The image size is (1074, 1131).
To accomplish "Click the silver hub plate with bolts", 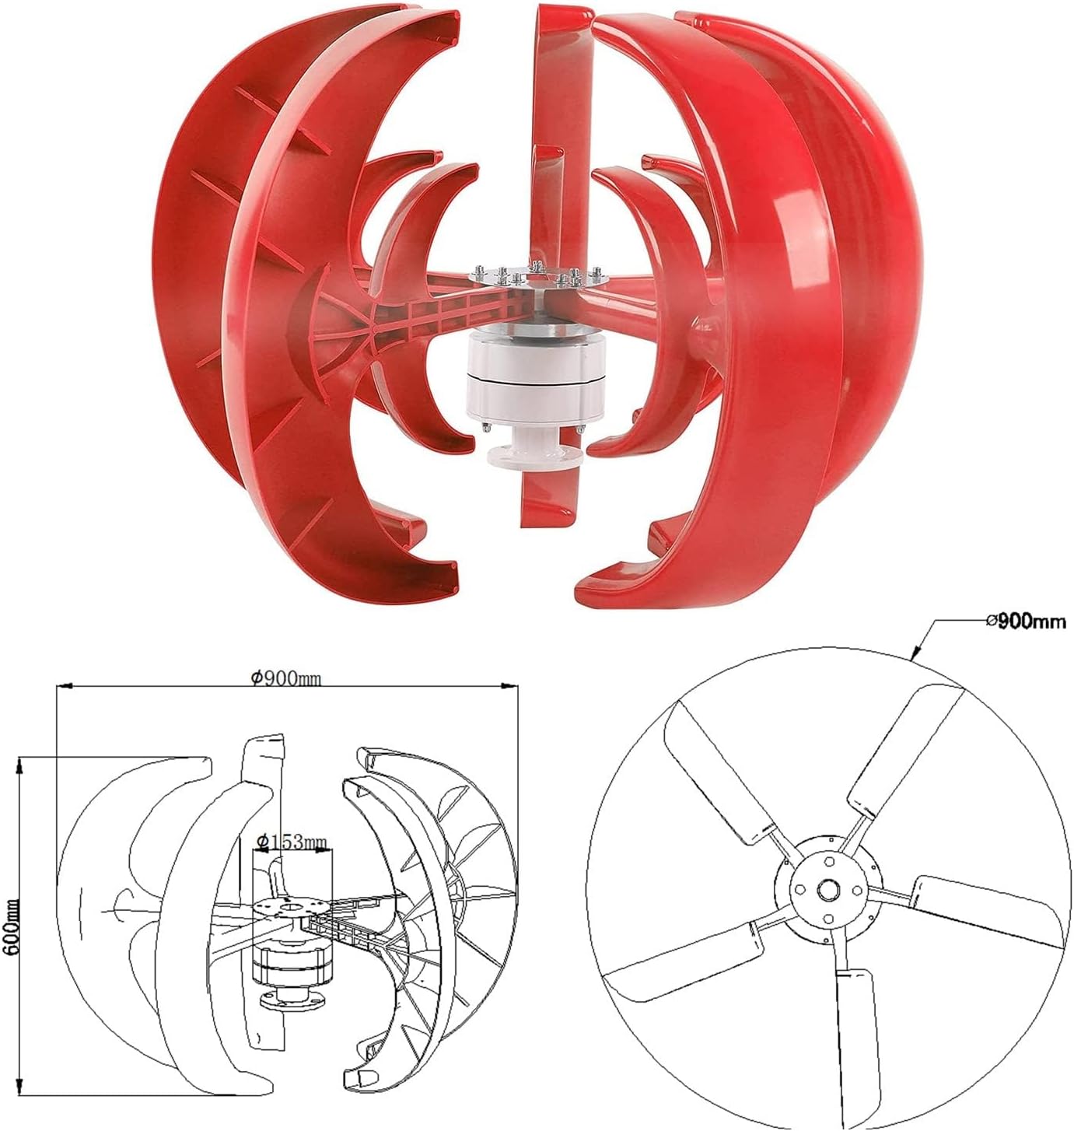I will pyautogui.click(x=537, y=278).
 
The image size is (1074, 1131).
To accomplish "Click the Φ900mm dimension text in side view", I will pyautogui.click(x=286, y=678).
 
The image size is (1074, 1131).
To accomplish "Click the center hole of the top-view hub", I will pyautogui.click(x=828, y=888).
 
